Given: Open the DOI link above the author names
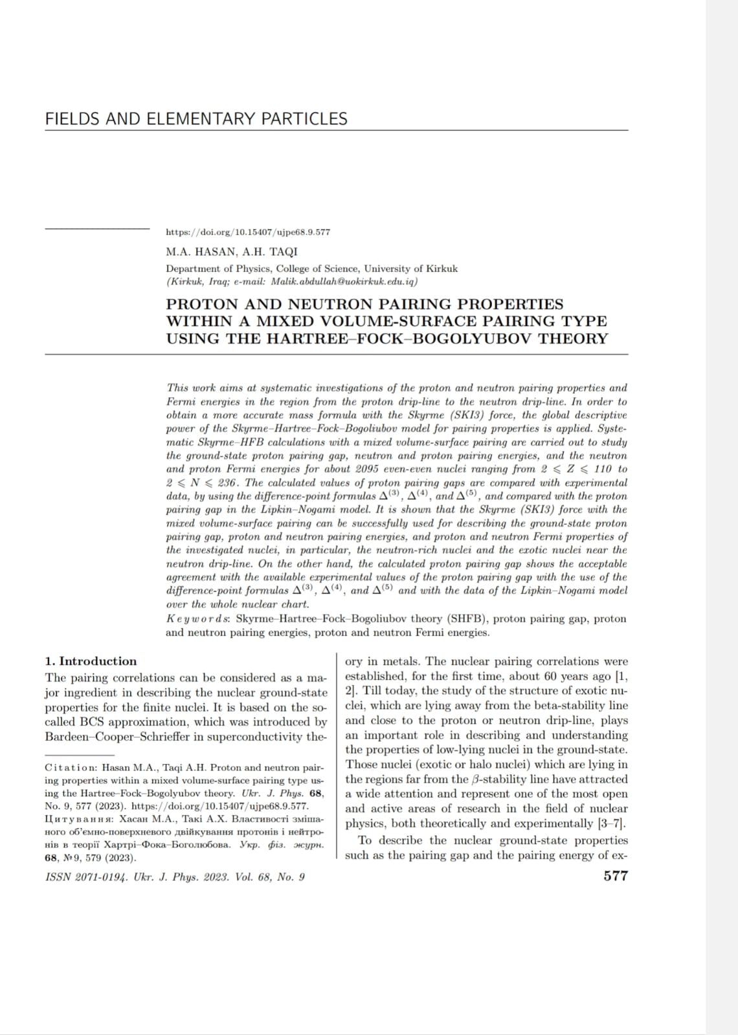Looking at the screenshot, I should coord(248,232).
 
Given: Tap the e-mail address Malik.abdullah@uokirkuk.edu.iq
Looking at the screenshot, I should coord(344,281).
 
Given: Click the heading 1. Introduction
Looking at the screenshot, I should coord(91,661).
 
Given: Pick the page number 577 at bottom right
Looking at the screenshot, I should coord(615,876).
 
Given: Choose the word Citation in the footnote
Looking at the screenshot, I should coord(71,768).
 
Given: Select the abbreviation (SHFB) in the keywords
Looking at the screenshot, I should coord(466,618).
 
